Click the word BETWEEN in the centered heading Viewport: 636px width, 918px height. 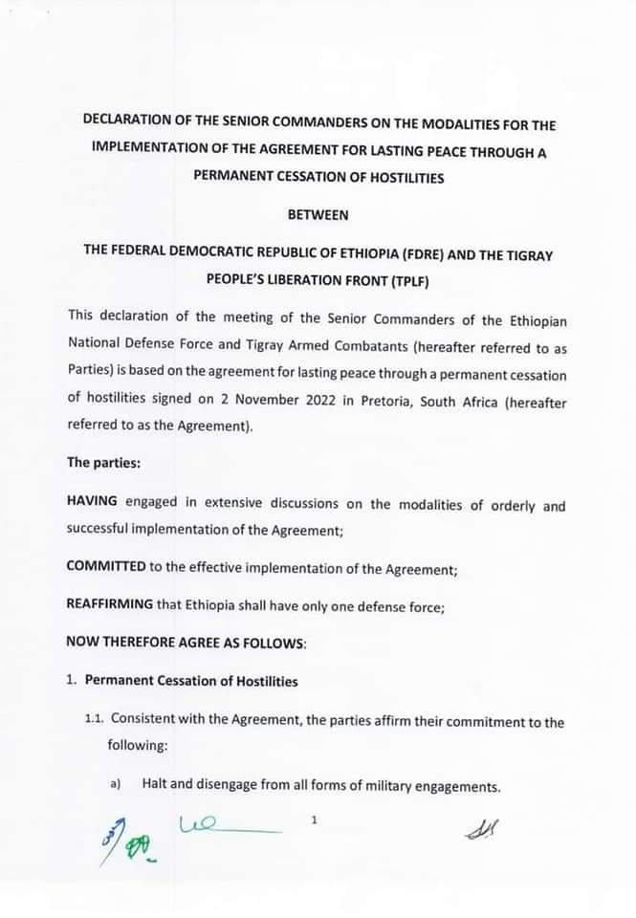318,215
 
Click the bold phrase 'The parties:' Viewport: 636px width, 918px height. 102,462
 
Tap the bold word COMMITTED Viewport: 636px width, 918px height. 106,566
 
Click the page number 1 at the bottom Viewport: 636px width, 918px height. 313,820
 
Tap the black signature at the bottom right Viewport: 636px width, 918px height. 482,832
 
